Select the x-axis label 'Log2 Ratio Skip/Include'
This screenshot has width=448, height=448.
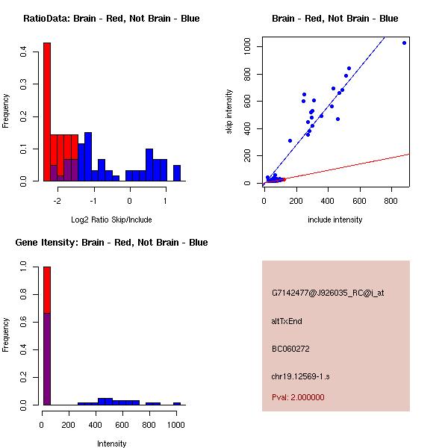point(111,220)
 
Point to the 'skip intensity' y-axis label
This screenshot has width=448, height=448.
point(229,112)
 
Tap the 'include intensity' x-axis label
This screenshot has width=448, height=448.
point(335,220)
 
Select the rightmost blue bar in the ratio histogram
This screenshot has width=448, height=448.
point(177,173)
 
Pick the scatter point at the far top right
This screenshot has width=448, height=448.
point(404,43)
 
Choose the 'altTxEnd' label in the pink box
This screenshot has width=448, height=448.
point(287,321)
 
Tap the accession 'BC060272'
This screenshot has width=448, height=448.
point(290,349)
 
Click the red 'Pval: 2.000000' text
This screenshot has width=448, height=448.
point(298,397)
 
